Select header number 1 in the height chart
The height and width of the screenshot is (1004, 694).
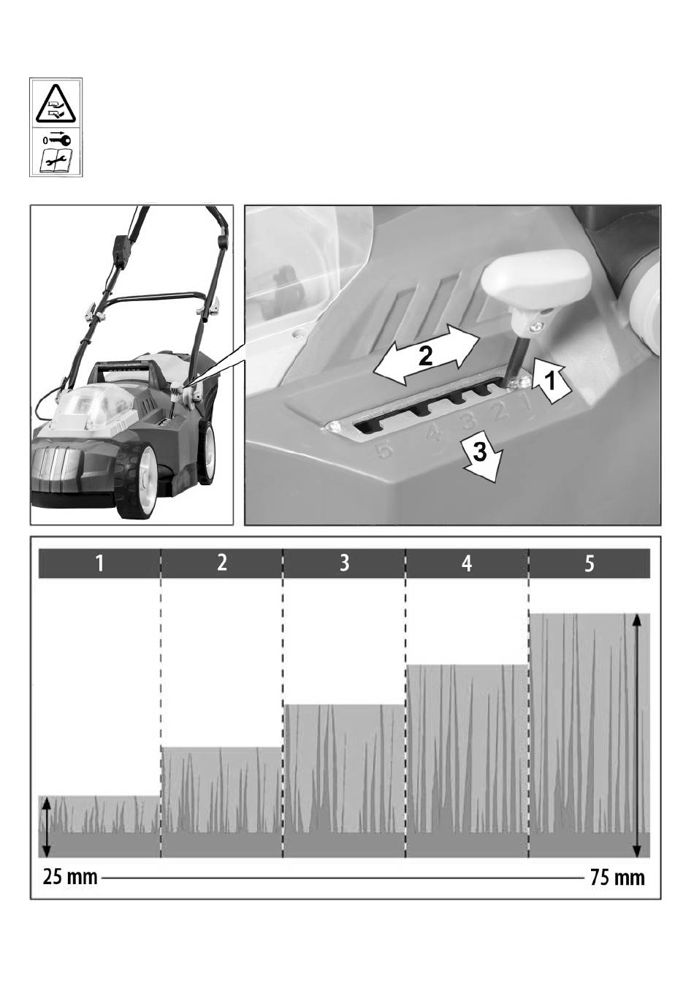point(99,563)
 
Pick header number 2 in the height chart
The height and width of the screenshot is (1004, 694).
point(222,563)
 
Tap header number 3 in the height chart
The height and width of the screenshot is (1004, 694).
point(344,563)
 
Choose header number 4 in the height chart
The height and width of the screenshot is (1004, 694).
point(467,563)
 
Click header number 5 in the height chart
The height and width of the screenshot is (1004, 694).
point(590,563)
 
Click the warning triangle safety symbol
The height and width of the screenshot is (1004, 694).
point(56,104)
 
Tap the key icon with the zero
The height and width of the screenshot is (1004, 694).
point(57,140)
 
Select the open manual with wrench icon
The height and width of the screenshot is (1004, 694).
point(56,161)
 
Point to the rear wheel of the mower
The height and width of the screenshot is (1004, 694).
point(205,453)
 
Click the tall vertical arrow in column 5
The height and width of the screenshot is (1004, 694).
point(638,736)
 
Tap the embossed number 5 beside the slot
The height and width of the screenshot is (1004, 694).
point(384,449)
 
